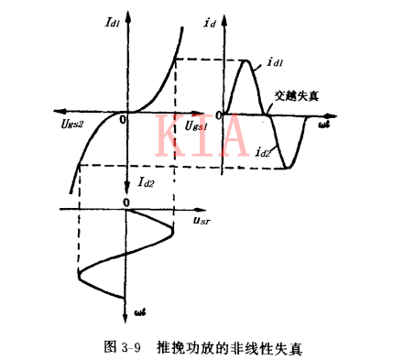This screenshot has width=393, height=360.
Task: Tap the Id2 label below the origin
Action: point(147,183)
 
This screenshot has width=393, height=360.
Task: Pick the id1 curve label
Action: point(276,67)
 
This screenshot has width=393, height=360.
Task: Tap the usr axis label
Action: point(202,220)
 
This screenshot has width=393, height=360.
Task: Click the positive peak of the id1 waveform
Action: point(246,60)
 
